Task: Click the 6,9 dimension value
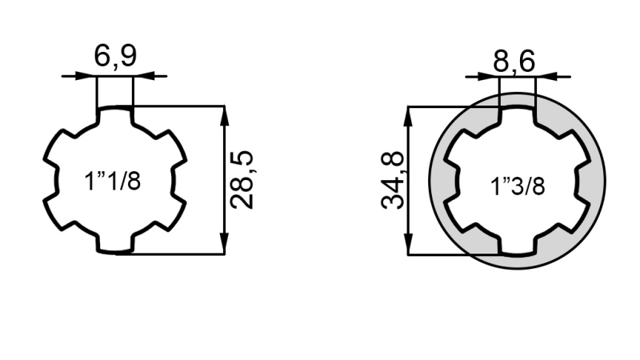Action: [x=115, y=57]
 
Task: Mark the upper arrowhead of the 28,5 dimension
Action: [x=225, y=113]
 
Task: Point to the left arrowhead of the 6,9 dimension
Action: [x=89, y=76]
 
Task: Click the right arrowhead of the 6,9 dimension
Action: [x=141, y=76]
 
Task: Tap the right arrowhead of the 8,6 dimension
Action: [x=543, y=77]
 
